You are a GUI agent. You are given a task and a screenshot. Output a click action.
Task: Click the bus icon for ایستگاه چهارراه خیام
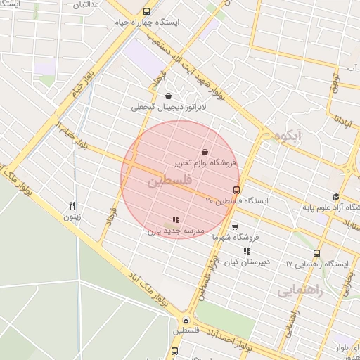click(x=146, y=11)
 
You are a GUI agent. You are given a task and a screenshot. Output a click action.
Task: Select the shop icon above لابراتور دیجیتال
click(x=168, y=96)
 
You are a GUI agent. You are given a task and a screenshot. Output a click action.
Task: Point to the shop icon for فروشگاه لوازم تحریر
click(x=205, y=152)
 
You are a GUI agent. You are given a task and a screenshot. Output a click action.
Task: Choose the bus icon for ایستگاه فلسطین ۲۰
click(x=236, y=190)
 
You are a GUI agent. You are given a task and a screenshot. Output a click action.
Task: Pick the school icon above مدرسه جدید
click(x=175, y=219)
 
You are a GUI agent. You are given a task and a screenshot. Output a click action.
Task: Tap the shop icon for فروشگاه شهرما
click(x=235, y=226)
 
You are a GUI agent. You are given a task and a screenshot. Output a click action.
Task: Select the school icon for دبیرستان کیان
click(x=246, y=251)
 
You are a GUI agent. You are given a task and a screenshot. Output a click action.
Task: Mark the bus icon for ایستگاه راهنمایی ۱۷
click(x=316, y=253)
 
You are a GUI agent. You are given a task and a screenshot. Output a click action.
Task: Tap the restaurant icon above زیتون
click(x=72, y=205)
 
